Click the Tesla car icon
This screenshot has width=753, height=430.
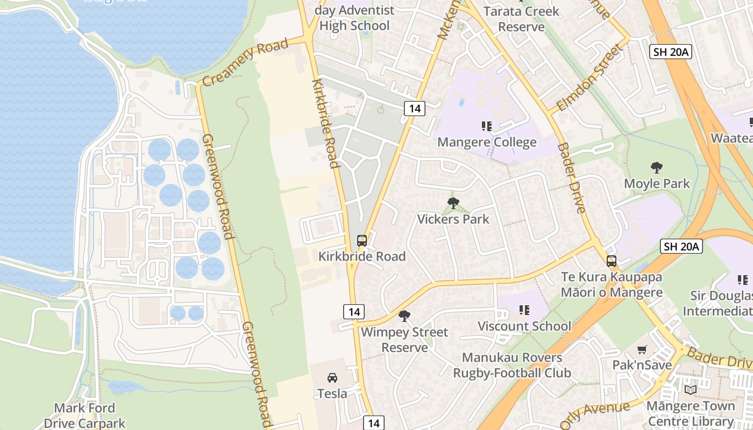332,378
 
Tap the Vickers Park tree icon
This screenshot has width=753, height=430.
453,203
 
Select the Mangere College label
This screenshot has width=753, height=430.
487,142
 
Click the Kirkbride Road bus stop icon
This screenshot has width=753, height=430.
362,240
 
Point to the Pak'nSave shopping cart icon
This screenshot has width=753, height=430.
642,350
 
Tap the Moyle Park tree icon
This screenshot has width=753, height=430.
656,168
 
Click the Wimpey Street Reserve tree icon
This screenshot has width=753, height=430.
404,316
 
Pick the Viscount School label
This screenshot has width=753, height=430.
524,326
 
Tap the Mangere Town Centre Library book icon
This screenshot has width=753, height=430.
691,390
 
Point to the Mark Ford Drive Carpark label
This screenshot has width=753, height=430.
84,415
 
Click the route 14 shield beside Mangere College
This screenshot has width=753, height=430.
415,108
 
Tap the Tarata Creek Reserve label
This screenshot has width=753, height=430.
521,18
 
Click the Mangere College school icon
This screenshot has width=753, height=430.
487,126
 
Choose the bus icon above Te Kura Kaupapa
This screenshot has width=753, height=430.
612,261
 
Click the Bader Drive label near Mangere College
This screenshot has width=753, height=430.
571,177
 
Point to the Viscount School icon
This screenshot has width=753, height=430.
524,310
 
